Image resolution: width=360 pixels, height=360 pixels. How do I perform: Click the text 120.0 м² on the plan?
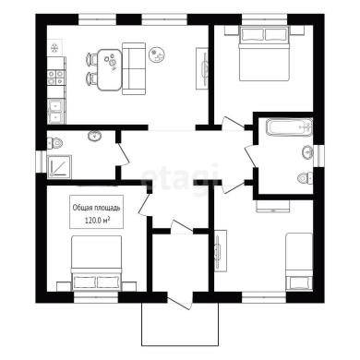[x=97, y=221]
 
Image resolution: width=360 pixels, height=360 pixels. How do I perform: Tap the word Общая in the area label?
[x=81, y=208]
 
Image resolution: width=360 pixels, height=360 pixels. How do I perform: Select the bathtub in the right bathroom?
[x=289, y=126]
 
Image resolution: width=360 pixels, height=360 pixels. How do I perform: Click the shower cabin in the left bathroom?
[x=59, y=167]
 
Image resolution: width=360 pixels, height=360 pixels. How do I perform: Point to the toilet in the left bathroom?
[x=55, y=142]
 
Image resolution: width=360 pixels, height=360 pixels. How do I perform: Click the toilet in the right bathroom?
[x=306, y=178]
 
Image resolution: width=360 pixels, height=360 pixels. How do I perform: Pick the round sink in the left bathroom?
[x=94, y=136]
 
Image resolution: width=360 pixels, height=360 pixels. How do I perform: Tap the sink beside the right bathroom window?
[x=307, y=152]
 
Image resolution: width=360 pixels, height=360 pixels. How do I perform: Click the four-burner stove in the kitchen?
[x=56, y=77]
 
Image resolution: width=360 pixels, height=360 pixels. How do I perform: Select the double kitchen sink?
[x=55, y=111]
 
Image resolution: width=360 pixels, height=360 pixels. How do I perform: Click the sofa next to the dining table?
[x=134, y=68]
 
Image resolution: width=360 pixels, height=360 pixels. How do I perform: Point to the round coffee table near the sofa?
[x=157, y=54]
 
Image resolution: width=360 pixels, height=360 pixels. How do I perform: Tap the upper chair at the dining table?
[x=91, y=59]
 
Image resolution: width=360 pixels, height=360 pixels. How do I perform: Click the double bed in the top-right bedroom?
[x=264, y=54]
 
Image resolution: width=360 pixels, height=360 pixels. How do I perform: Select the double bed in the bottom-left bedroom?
[x=97, y=263]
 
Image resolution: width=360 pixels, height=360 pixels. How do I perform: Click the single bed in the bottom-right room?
[x=299, y=262]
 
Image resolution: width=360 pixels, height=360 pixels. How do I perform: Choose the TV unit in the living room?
[x=203, y=68]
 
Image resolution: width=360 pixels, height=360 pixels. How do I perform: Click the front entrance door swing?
[x=180, y=301]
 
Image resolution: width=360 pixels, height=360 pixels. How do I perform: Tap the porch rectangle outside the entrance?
[x=180, y=324]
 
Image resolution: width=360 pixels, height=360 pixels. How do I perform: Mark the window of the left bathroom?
[x=41, y=162]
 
